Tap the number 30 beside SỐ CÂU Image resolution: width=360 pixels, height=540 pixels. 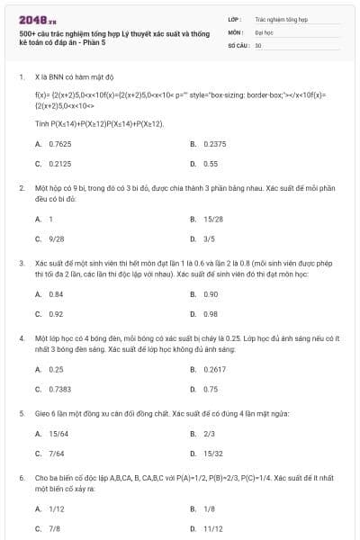click(x=258, y=44)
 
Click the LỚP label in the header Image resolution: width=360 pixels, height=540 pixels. click(x=234, y=17)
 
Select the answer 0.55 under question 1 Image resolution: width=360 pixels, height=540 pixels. click(x=211, y=164)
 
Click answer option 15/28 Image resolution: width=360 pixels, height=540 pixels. click(x=212, y=219)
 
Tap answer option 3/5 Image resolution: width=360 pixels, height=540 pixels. click(x=209, y=238)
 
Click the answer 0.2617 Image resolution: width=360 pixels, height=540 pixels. click(x=214, y=369)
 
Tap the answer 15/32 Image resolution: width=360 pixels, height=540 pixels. click(x=212, y=454)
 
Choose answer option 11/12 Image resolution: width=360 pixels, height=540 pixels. click(x=212, y=528)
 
